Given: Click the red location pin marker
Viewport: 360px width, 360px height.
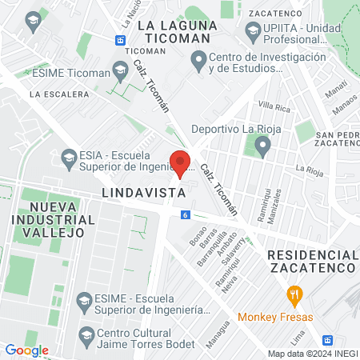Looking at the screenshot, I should click(x=181, y=162).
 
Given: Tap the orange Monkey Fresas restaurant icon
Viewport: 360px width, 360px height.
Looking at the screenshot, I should click(x=295, y=295).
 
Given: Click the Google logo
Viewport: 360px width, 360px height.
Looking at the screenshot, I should click(x=26, y=350).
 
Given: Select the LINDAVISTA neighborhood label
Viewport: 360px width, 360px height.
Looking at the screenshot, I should click(x=139, y=194).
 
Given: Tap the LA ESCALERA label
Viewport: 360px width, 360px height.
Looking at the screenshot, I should click(x=59, y=94).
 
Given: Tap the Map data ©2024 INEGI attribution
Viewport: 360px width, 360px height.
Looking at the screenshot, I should click(x=312, y=354).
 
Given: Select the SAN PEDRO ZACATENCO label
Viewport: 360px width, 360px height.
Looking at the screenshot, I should click(x=336, y=139).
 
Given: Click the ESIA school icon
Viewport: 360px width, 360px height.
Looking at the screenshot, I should click(x=68, y=156).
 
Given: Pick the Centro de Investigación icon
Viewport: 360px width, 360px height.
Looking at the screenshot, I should click(x=198, y=59).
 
